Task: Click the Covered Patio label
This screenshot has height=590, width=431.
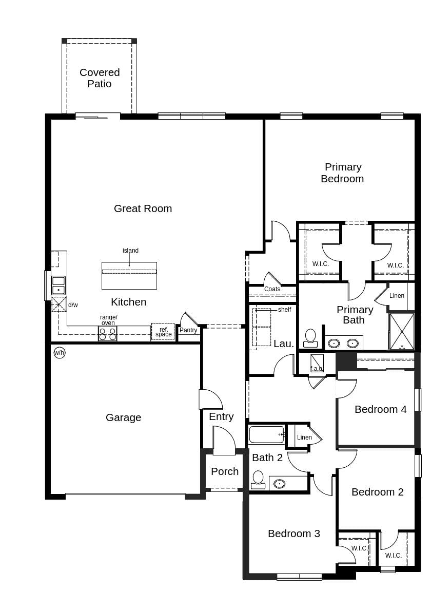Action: point(100,78)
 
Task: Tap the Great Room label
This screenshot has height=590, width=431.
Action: point(143,208)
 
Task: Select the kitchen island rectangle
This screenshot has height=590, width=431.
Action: point(129,276)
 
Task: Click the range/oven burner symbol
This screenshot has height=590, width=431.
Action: point(108,334)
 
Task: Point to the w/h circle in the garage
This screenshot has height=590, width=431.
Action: point(60,353)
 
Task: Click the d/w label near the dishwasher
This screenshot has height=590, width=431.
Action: point(73,305)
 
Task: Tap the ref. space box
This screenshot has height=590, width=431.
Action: point(163,332)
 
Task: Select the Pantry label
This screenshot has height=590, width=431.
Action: point(188,330)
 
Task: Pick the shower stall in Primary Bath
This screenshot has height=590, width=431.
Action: point(402,332)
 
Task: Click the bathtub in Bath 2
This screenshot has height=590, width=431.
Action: point(266,434)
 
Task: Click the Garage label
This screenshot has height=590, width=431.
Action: point(123,417)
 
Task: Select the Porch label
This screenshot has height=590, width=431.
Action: point(225,471)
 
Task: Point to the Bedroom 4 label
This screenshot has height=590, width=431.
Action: point(380,409)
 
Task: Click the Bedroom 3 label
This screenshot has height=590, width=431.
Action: point(293,534)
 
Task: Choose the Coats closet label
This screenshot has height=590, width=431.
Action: point(272,289)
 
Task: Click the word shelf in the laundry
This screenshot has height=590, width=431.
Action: point(284,310)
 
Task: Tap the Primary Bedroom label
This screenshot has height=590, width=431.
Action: point(342,173)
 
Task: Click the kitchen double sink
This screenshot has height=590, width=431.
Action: point(58,286)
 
